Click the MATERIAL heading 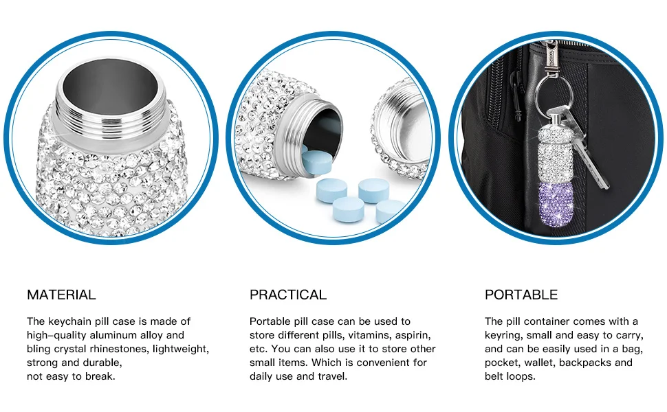(61, 295)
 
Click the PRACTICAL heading (288, 295)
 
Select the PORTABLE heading (521, 295)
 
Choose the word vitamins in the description (368, 335)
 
